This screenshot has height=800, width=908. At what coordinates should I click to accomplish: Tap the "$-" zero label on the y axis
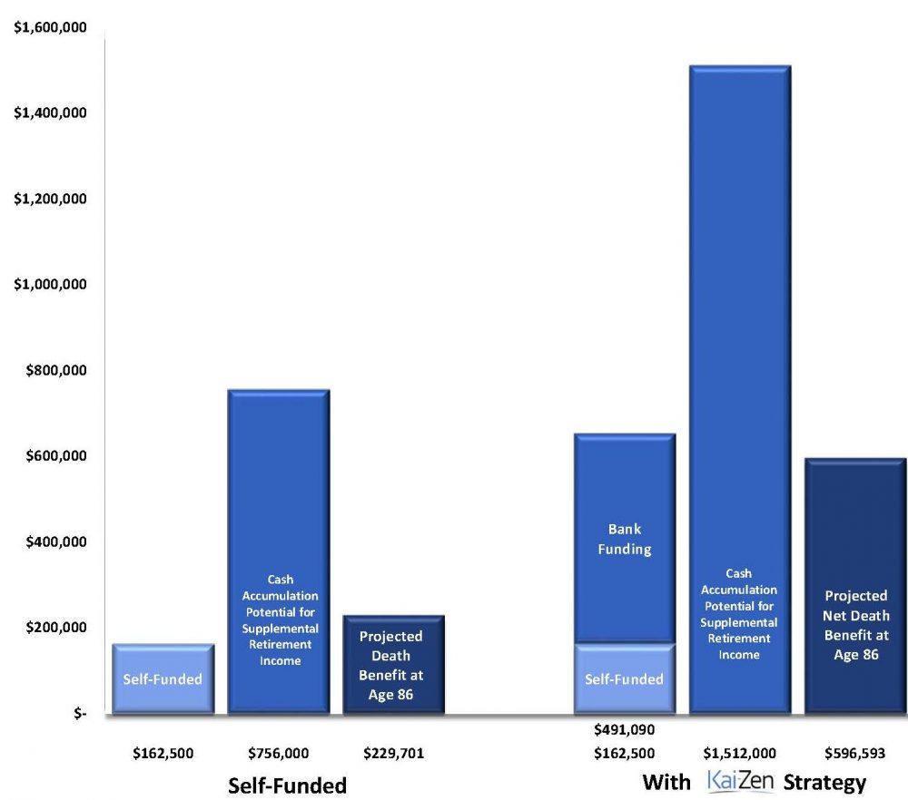(x=80, y=714)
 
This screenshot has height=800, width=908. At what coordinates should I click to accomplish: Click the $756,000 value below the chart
(x=278, y=753)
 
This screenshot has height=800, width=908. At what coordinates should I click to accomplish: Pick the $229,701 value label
(x=393, y=753)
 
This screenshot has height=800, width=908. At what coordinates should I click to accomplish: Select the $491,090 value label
(x=624, y=729)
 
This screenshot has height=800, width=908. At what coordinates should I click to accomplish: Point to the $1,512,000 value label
(x=738, y=753)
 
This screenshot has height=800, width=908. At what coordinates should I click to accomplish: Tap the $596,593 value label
(x=854, y=753)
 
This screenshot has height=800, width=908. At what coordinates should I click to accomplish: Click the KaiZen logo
(x=739, y=781)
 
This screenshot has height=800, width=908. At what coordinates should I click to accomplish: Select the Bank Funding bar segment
(x=624, y=539)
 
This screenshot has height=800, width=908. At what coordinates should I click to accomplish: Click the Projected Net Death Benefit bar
(x=855, y=586)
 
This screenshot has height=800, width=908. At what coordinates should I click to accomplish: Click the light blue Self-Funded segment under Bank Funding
(x=624, y=678)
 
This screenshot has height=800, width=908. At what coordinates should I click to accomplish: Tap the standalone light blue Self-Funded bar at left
(x=163, y=678)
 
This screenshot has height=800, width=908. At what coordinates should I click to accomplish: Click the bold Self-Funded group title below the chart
(x=287, y=785)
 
